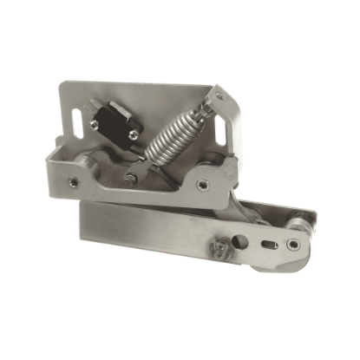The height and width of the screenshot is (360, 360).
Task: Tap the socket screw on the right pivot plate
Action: (x=202, y=183)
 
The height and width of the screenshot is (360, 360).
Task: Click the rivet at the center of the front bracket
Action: (x=131, y=180)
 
